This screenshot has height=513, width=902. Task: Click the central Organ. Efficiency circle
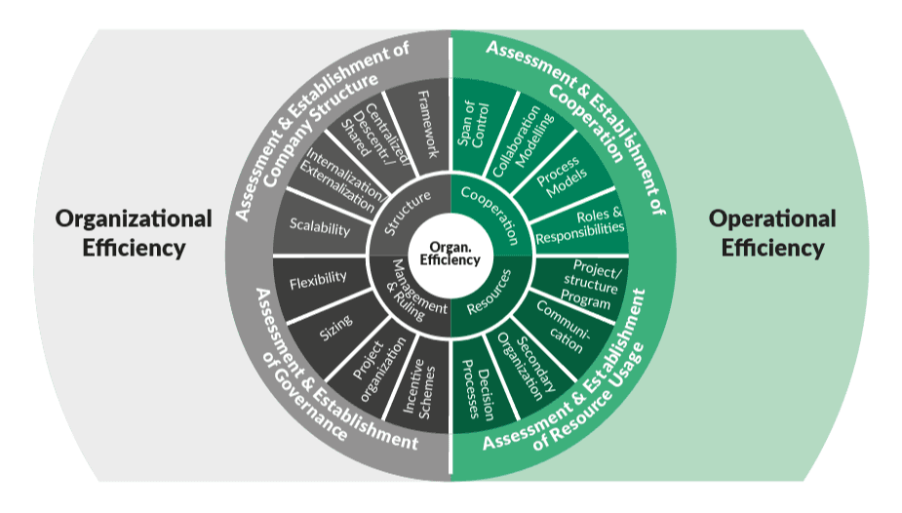click(450, 255)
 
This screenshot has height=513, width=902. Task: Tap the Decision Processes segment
click(478, 384)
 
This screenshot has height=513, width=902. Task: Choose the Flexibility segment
click(319, 281)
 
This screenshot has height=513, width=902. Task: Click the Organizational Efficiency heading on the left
click(134, 232)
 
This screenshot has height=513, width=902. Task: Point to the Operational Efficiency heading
click(772, 232)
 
